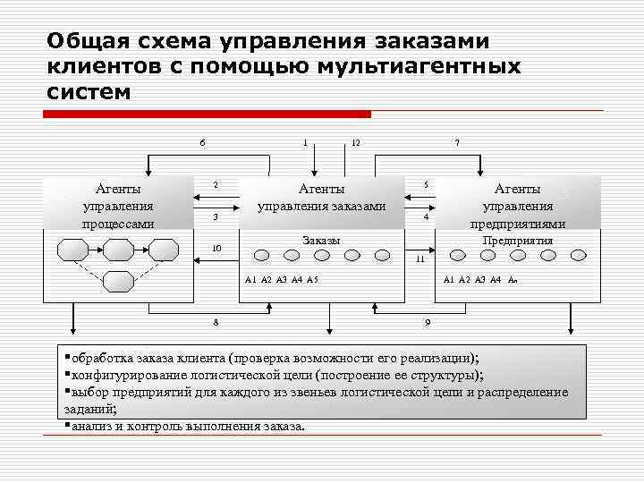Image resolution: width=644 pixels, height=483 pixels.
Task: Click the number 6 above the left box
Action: click(x=202, y=142)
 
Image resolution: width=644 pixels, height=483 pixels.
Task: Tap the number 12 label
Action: click(x=355, y=142)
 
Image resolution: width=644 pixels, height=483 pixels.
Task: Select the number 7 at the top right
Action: click(x=457, y=142)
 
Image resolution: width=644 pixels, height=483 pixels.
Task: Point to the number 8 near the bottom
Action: click(x=216, y=321)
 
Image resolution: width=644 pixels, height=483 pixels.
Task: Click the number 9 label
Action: click(x=428, y=321)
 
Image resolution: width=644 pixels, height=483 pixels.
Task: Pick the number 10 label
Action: click(x=216, y=248)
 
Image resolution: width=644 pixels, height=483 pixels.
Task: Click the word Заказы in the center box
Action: click(x=322, y=241)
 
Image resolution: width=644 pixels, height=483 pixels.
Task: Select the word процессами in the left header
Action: click(x=118, y=224)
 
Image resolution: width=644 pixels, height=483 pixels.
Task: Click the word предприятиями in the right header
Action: click(x=518, y=224)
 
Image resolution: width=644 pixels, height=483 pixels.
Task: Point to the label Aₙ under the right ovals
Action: click(x=513, y=280)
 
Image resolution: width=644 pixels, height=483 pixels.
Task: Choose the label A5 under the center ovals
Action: click(x=312, y=280)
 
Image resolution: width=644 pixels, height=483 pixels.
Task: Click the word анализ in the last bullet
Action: click(x=91, y=425)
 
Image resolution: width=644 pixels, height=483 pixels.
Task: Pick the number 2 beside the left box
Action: click(x=216, y=185)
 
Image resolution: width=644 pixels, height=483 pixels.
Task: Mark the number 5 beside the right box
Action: click(x=427, y=185)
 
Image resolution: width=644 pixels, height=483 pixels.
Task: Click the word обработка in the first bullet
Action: click(x=103, y=357)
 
